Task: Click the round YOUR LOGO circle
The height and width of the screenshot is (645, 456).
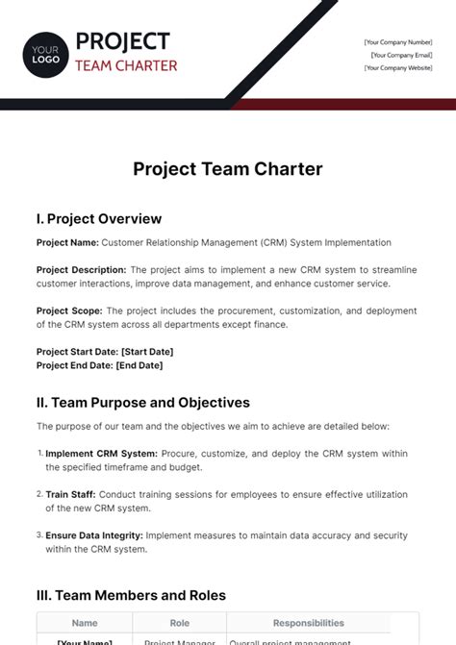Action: click(x=46, y=52)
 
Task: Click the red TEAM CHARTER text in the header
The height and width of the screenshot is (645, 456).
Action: click(x=126, y=65)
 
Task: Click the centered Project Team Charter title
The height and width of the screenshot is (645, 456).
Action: click(x=228, y=169)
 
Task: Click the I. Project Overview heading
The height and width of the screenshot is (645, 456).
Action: click(x=98, y=218)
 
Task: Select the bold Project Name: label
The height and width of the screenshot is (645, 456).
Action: click(x=67, y=243)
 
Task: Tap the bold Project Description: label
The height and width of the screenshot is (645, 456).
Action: click(x=81, y=270)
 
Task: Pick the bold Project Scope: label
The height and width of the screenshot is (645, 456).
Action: click(x=68, y=310)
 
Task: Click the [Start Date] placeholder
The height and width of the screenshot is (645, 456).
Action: click(x=147, y=352)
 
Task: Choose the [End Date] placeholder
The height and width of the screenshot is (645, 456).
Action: click(x=139, y=365)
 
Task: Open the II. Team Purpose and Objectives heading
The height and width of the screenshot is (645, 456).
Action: click(x=142, y=402)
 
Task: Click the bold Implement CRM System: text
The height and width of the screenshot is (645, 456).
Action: click(x=100, y=454)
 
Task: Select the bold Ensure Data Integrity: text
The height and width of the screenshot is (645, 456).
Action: click(x=94, y=535)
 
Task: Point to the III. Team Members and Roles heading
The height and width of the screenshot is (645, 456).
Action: click(x=131, y=595)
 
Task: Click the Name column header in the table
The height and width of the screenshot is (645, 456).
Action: click(x=85, y=623)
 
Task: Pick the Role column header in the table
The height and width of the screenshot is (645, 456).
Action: click(x=179, y=623)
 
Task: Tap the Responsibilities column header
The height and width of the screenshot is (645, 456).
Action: click(x=308, y=623)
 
